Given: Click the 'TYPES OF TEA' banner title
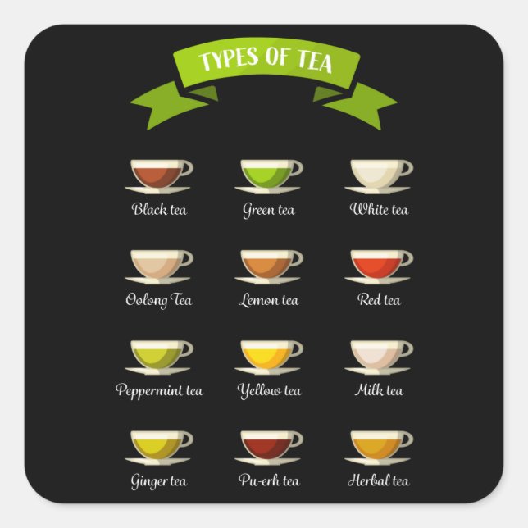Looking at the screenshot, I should click(x=264, y=61).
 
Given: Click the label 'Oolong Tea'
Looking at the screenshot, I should click(x=159, y=300).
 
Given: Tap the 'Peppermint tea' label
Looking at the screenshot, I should click(x=159, y=390).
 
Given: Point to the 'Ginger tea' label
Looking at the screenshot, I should click(x=159, y=480).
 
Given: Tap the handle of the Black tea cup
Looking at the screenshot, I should click(x=187, y=168).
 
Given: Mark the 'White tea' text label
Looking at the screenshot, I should click(x=379, y=210).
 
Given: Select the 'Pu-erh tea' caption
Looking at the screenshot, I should click(x=269, y=480).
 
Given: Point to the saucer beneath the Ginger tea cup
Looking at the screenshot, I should click(x=159, y=462).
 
